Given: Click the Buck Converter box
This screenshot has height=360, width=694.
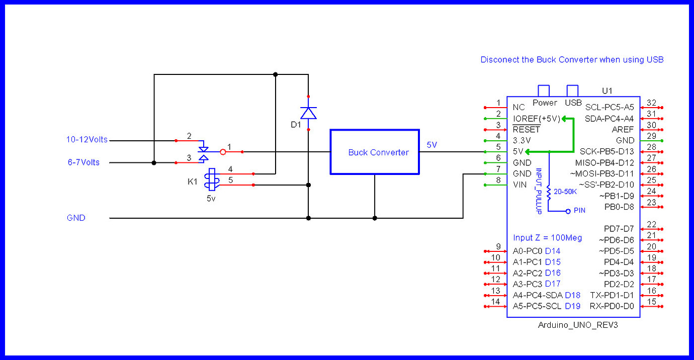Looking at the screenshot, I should pyautogui.click(x=375, y=152).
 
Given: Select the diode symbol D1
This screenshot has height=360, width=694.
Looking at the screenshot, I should pyautogui.click(x=308, y=113).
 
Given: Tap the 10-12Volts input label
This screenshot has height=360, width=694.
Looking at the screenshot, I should pyautogui.click(x=87, y=140).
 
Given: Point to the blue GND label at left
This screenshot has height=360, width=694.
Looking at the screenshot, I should pyautogui.click(x=76, y=218).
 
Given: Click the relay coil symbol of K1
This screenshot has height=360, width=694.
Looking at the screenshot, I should pyautogui.click(x=211, y=180).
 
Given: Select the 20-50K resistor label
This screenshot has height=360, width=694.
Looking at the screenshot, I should pyautogui.click(x=565, y=192).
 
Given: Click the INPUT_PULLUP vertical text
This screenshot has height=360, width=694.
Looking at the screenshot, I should pyautogui.click(x=538, y=191).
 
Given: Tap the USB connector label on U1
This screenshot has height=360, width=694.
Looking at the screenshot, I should pyautogui.click(x=573, y=103).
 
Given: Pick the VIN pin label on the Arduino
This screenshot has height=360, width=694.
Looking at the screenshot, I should pyautogui.click(x=519, y=185).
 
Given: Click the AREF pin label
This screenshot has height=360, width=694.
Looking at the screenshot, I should pyautogui.click(x=624, y=129).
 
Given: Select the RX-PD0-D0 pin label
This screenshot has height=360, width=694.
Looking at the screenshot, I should pyautogui.click(x=612, y=306).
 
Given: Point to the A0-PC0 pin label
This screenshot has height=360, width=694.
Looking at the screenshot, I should pyautogui.click(x=527, y=251).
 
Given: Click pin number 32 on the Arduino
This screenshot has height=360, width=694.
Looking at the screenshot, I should pyautogui.click(x=651, y=102).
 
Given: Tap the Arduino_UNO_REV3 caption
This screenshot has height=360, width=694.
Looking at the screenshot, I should pyautogui.click(x=578, y=325).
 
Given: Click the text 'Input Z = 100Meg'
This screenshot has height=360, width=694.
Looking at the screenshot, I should pyautogui.click(x=547, y=237).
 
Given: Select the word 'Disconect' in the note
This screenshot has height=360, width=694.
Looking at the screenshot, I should pyautogui.click(x=499, y=60).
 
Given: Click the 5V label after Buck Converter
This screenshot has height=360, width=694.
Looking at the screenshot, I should pyautogui.click(x=432, y=145).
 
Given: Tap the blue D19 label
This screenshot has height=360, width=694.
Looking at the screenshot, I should pyautogui.click(x=572, y=306).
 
